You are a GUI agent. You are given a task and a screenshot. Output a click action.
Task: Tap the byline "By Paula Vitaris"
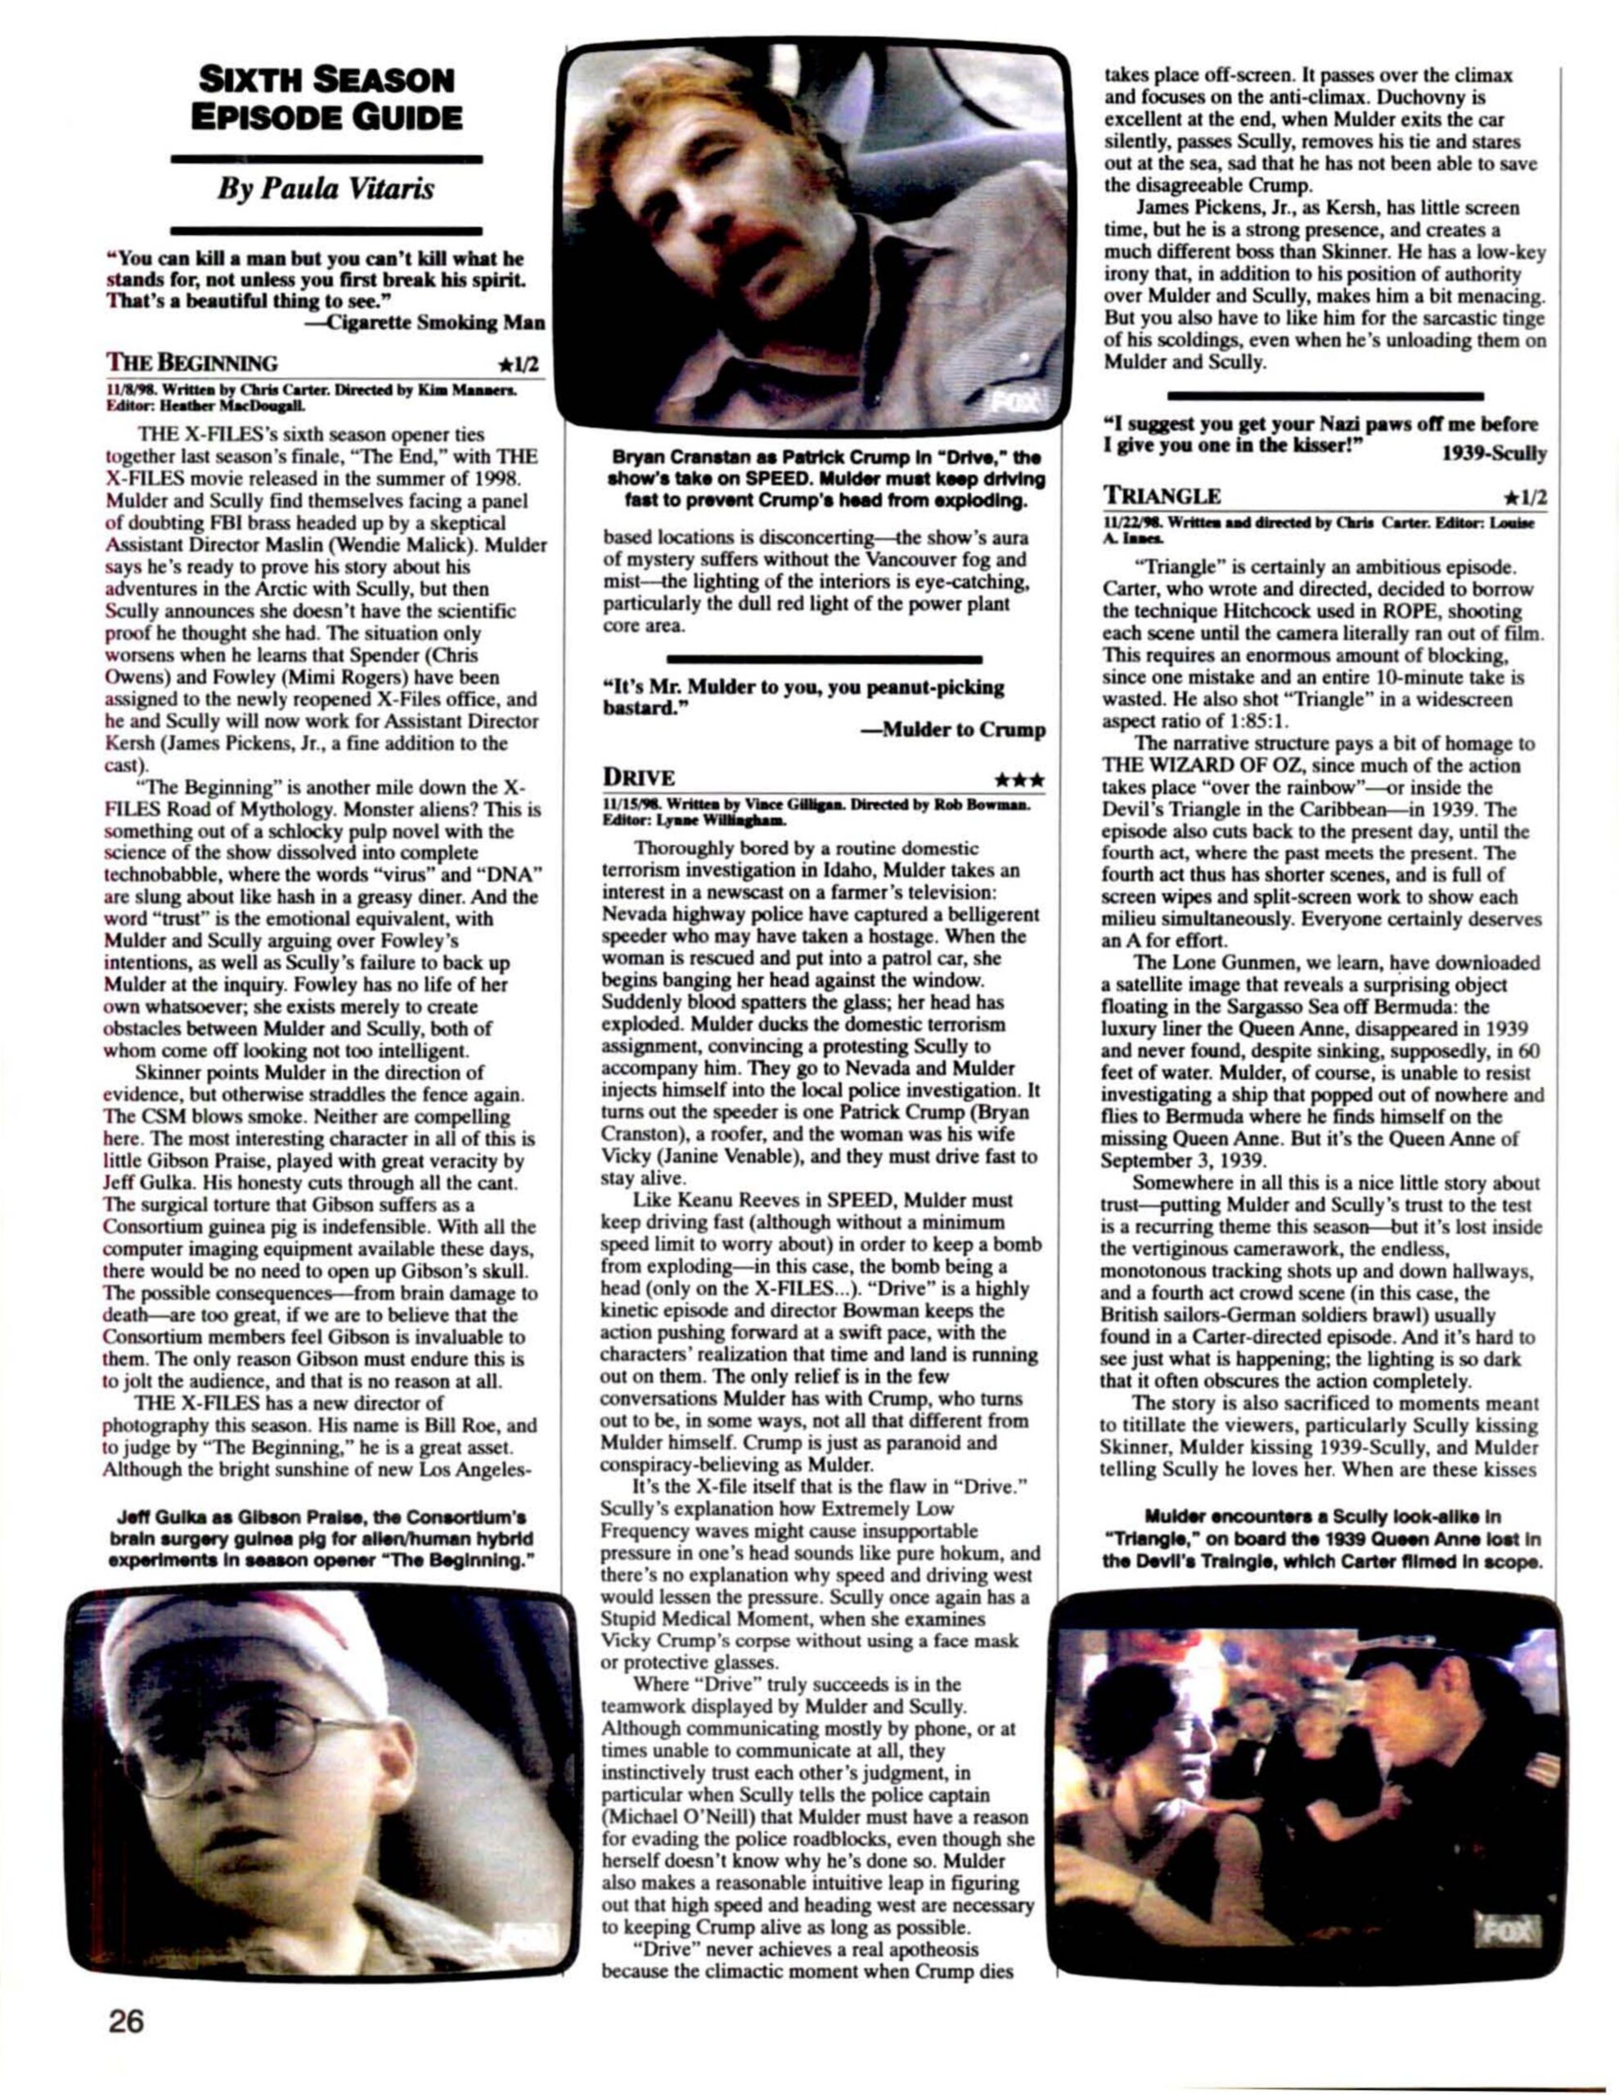(x=326, y=189)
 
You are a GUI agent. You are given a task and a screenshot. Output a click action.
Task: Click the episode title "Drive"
(x=639, y=776)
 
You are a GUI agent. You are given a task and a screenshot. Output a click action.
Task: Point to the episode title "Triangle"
(x=1163, y=496)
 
